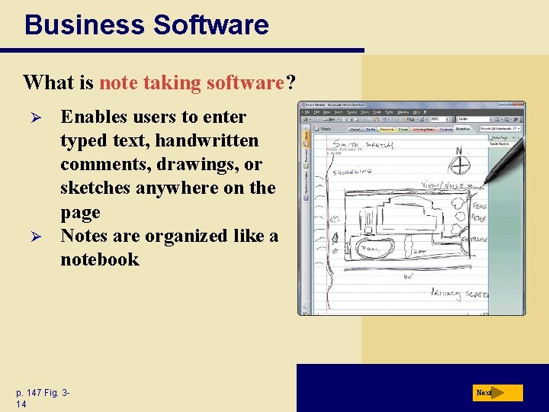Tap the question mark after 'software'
click(x=291, y=82)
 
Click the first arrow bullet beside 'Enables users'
click(x=30, y=117)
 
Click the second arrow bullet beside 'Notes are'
click(x=30, y=237)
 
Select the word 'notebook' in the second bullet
click(x=100, y=259)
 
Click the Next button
click(x=496, y=393)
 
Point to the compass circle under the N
click(x=460, y=164)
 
